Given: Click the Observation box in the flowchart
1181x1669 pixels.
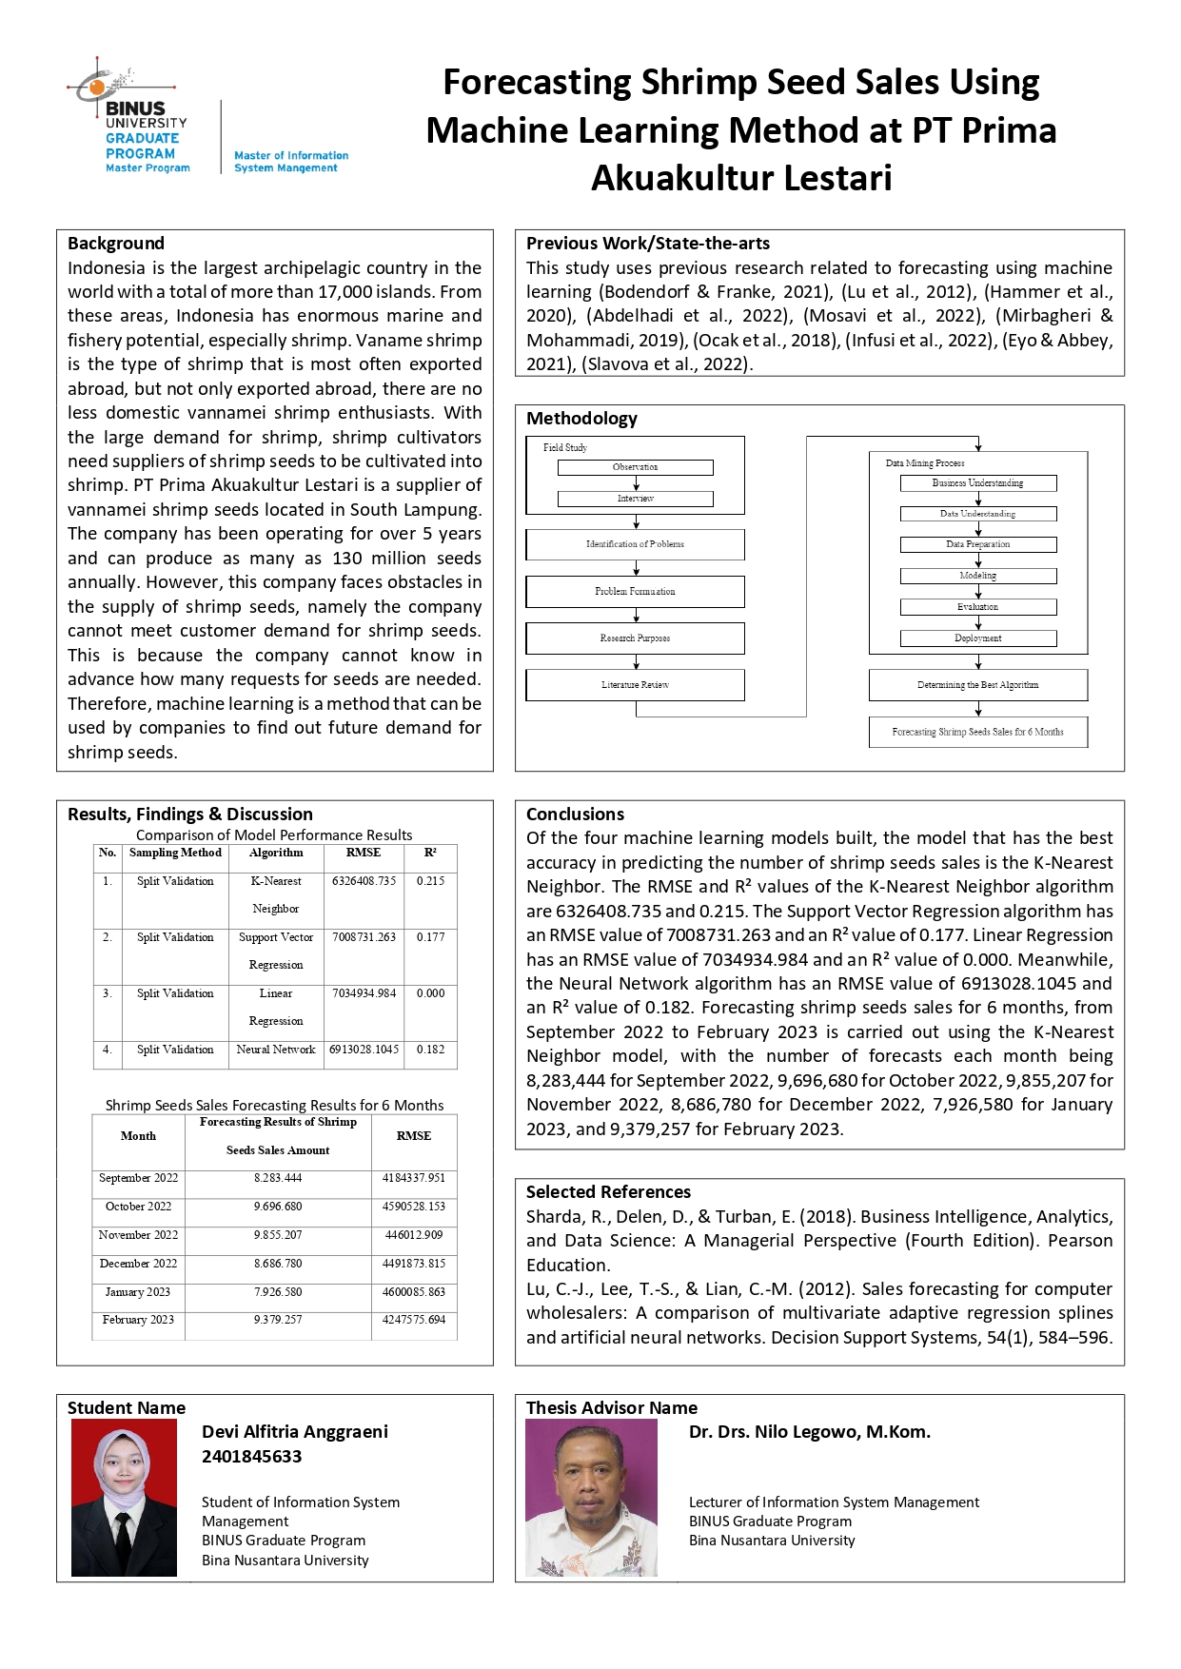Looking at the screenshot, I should pyautogui.click(x=635, y=467).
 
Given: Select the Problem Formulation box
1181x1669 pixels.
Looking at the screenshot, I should pyautogui.click(x=635, y=592).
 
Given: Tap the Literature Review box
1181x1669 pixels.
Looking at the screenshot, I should pyautogui.click(x=635, y=685).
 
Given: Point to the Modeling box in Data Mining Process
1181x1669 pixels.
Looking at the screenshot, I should pyautogui.click(x=977, y=576).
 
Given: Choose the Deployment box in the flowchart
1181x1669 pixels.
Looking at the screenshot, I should pyautogui.click(x=977, y=638).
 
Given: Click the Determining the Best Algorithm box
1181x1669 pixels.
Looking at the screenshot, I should pyautogui.click(x=977, y=685).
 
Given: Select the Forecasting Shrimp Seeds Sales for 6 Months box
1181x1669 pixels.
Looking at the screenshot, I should pyautogui.click(x=977, y=732).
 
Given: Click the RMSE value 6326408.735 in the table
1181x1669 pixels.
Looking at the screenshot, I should pyautogui.click(x=364, y=881).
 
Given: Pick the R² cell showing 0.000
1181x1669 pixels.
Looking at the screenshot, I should pyautogui.click(x=430, y=993).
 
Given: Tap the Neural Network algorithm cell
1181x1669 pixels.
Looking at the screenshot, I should pyautogui.click(x=276, y=1050).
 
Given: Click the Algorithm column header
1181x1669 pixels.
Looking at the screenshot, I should pyautogui.click(x=276, y=853).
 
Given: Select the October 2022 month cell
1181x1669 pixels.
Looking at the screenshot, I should pyautogui.click(x=139, y=1207).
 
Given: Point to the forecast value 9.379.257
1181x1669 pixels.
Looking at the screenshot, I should pyautogui.click(x=278, y=1320).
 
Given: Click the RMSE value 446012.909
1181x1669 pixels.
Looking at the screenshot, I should pyautogui.click(x=414, y=1235).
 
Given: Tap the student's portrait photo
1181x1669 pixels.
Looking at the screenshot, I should pyautogui.click(x=124, y=1498).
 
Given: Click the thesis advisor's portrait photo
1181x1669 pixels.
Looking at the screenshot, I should pyautogui.click(x=591, y=1498).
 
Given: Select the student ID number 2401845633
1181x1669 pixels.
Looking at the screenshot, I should pyautogui.click(x=251, y=1457).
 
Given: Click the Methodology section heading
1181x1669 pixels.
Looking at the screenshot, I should pyautogui.click(x=581, y=419).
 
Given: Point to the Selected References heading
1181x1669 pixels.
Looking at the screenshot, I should pyautogui.click(x=608, y=1192).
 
